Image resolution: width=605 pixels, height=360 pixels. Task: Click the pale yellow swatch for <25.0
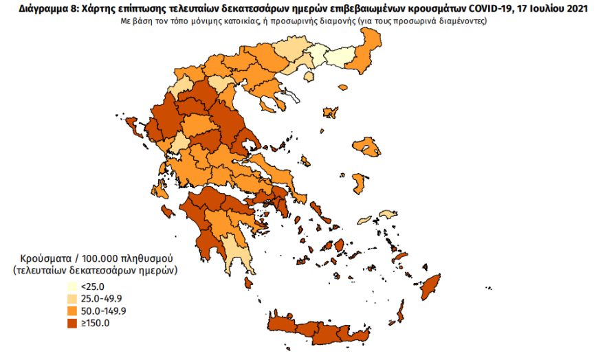(72, 286)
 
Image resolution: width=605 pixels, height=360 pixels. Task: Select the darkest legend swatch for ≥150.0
(72, 323)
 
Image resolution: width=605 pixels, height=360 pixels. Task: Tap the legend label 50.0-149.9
(103, 311)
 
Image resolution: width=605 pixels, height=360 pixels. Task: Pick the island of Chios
(358, 183)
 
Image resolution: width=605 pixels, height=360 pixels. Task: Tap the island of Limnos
(330, 112)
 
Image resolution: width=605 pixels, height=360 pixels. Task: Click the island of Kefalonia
(168, 208)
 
